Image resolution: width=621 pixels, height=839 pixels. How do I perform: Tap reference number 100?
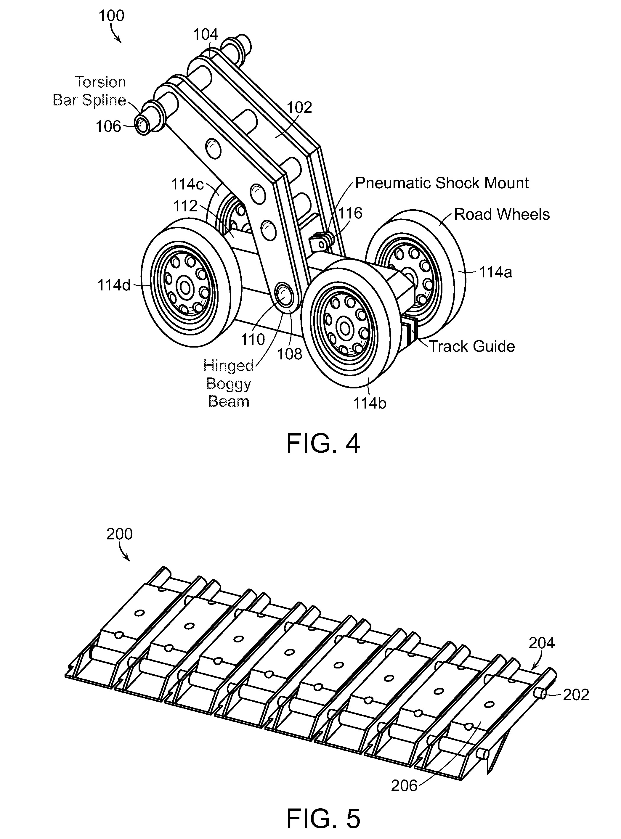tap(111, 16)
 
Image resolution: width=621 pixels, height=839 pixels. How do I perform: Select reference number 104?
tap(206, 35)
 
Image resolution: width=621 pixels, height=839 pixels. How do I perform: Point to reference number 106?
tap(108, 127)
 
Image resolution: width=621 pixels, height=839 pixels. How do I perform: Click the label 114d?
tap(114, 286)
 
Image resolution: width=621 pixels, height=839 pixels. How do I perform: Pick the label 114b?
tap(370, 403)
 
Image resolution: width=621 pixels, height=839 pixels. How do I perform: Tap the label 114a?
tap(495, 272)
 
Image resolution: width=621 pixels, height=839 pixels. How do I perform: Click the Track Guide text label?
tap(472, 346)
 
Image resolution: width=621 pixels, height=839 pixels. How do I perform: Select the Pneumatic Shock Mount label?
tap(442, 183)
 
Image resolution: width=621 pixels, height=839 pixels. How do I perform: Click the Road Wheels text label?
tap(502, 215)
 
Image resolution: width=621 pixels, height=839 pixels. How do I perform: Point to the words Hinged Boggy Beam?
tap(229, 384)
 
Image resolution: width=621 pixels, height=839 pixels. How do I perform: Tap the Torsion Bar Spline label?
tap(89, 91)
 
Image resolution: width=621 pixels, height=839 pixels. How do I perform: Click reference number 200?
tap(120, 534)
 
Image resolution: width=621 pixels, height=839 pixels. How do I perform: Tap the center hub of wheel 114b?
tap(344, 328)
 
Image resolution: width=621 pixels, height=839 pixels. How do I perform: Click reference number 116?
tap(350, 213)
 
